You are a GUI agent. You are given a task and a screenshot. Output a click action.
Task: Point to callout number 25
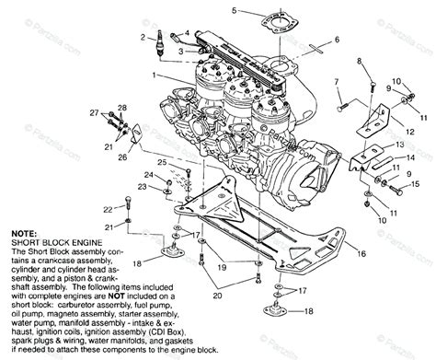(x=161, y=163)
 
